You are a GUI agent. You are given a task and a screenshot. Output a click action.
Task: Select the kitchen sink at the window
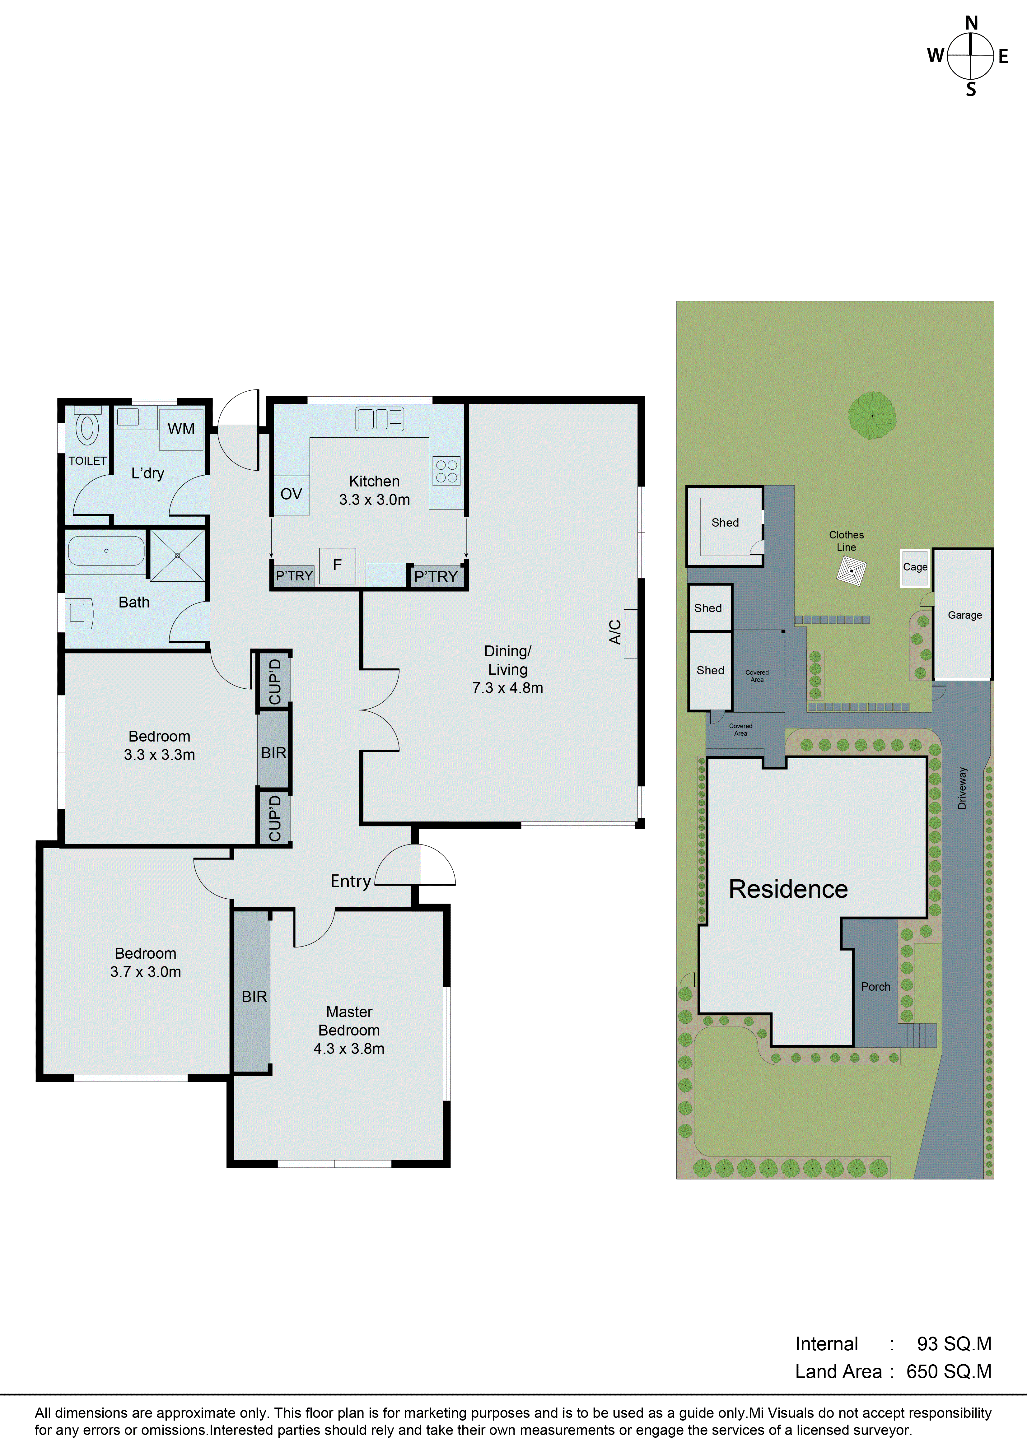point(380,419)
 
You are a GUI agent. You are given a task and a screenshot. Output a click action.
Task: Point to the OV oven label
point(291,494)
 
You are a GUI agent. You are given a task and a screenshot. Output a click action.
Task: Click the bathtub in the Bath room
point(106,551)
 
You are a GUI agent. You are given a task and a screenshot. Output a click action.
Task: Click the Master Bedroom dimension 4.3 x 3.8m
point(349,1049)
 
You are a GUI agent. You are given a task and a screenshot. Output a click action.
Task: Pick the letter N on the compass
point(971,23)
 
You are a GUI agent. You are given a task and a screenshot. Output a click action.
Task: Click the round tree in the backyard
point(872,416)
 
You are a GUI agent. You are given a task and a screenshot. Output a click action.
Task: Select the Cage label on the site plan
point(915,567)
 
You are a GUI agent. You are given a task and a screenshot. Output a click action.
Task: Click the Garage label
point(964,615)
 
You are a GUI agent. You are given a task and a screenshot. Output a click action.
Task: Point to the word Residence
point(788,889)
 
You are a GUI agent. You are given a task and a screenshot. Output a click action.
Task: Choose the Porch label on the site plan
point(875,987)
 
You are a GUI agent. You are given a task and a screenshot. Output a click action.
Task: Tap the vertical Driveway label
point(963,788)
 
